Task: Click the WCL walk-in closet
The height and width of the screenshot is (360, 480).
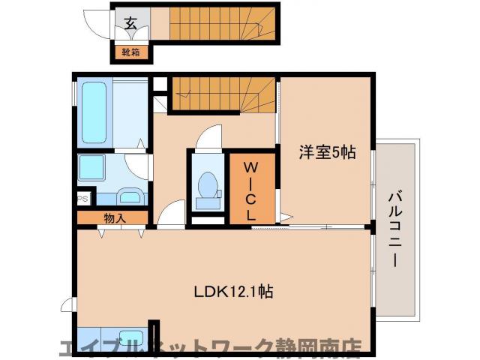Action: coord(251,187)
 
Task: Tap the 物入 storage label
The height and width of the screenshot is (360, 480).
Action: coord(114,218)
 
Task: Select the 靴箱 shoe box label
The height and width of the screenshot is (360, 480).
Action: coord(131,52)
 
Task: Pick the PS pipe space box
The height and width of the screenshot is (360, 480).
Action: coord(82,199)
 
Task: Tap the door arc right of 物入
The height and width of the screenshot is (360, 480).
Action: coord(170,214)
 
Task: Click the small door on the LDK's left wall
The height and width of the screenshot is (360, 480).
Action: coord(69,304)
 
